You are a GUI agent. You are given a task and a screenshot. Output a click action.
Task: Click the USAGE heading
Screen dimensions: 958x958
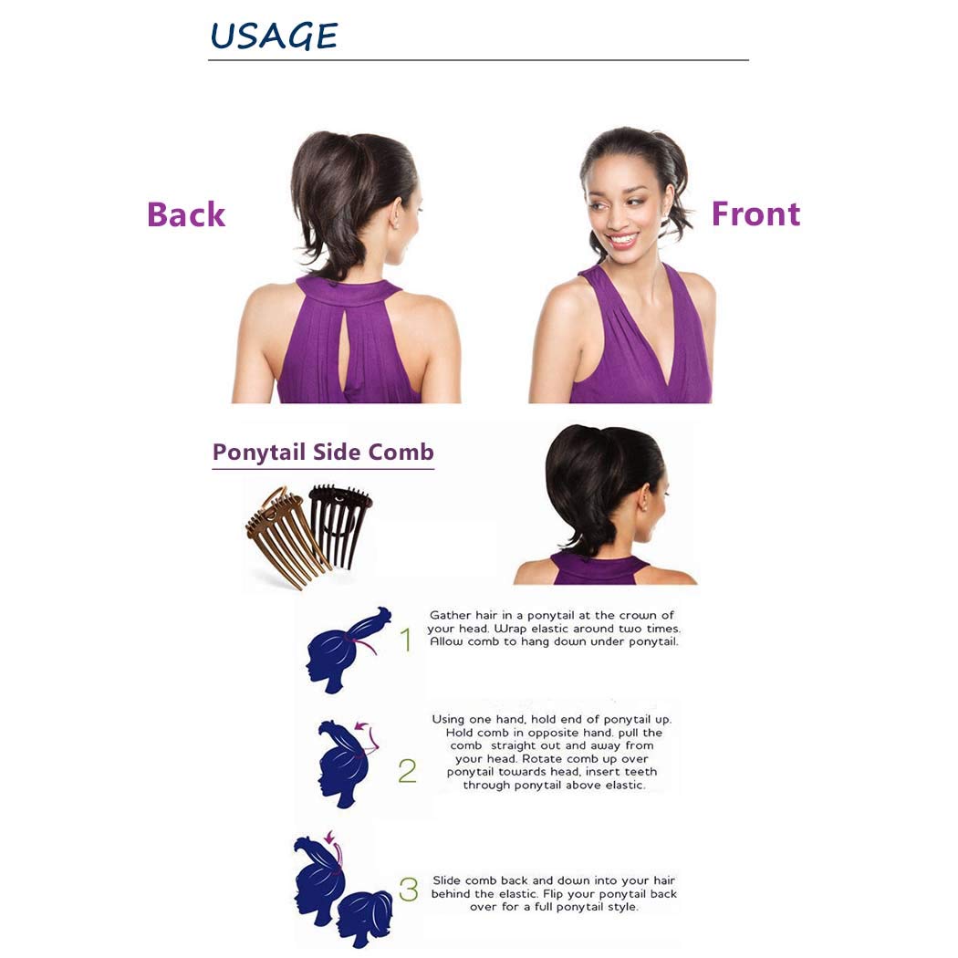[x=274, y=36]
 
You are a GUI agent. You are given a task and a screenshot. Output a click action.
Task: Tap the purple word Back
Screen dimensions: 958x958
[x=185, y=214]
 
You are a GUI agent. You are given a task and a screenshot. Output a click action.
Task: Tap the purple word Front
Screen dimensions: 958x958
[x=755, y=213]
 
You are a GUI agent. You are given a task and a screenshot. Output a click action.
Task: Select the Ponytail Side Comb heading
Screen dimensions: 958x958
[x=323, y=453]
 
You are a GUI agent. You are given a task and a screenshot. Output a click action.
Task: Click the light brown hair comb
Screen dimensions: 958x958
[x=283, y=534]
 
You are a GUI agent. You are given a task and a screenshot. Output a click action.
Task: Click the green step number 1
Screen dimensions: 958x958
[x=406, y=640]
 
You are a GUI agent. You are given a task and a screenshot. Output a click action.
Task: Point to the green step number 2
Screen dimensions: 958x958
[x=407, y=771]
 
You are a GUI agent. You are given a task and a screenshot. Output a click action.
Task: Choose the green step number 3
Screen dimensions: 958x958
[x=409, y=890]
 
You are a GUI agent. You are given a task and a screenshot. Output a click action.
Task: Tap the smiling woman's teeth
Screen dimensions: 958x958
[x=623, y=239]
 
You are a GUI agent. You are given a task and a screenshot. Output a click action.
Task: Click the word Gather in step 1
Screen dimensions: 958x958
[x=450, y=616]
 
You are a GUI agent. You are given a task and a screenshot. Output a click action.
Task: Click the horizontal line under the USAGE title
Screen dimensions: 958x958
[x=478, y=60]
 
